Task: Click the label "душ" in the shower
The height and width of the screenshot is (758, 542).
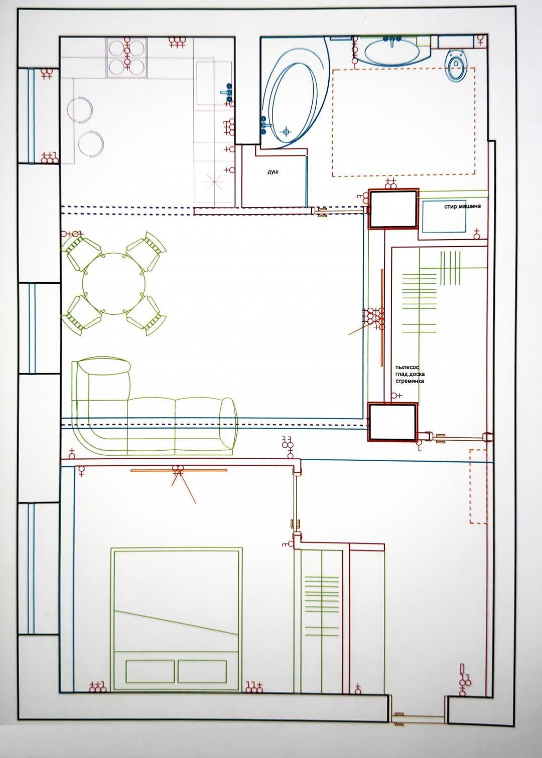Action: tap(274, 172)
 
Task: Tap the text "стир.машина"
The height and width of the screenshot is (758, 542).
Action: tap(462, 206)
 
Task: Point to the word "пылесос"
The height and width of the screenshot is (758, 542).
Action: tap(407, 367)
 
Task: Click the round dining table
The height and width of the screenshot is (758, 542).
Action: tap(114, 284)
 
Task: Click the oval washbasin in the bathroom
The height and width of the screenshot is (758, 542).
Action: tap(392, 51)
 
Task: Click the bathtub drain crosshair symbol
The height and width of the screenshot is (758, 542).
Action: tap(287, 131)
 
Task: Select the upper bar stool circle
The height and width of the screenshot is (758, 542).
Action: tap(80, 110)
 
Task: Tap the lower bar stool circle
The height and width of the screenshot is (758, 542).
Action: tap(91, 143)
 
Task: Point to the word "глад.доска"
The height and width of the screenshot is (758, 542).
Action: tap(410, 374)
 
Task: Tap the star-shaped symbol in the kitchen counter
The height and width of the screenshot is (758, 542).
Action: tap(214, 182)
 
